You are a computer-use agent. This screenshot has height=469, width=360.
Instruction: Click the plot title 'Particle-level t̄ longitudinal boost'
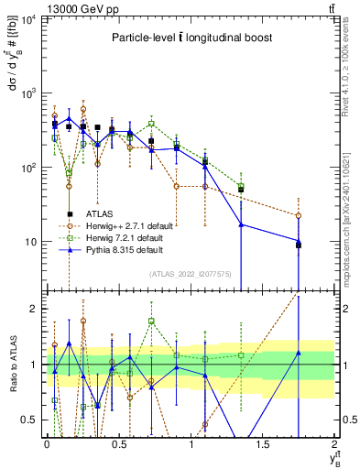190,38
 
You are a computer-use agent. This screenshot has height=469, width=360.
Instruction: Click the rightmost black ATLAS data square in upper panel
299,245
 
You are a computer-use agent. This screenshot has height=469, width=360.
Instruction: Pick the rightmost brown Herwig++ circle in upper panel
299,216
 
